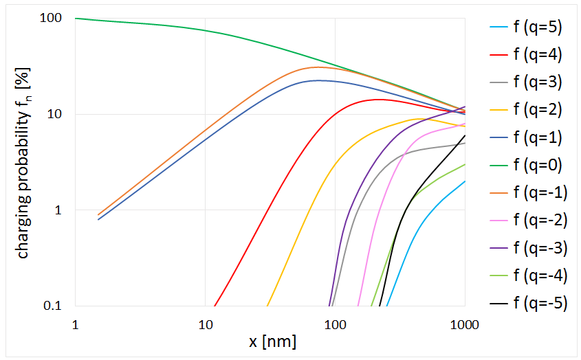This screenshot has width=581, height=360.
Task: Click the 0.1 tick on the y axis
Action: pos(54,306)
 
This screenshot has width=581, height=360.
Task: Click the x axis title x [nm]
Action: pos(268,341)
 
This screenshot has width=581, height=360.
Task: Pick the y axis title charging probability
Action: pos(23,165)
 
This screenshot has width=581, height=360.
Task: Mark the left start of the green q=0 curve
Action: pos(75,19)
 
